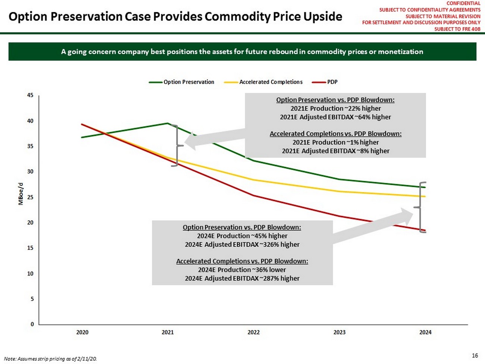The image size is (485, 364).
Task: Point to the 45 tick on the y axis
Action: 30,95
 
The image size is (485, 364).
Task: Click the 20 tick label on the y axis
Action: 30,223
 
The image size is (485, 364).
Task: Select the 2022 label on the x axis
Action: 254,332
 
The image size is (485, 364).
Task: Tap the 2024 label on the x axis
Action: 425,332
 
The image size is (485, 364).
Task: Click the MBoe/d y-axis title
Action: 21,194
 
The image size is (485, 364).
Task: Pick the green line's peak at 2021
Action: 168,123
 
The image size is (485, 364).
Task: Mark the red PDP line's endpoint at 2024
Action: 425,230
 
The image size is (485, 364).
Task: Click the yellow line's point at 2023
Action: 339,192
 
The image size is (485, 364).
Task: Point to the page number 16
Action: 475,355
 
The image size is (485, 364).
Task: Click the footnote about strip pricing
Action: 50,359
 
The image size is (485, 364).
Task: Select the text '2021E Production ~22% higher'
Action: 335,109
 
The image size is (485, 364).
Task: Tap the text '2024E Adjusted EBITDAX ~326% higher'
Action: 242,245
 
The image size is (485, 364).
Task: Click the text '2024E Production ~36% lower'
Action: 242,270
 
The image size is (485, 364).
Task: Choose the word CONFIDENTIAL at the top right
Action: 463,3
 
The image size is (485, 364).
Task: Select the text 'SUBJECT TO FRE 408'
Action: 457,29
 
